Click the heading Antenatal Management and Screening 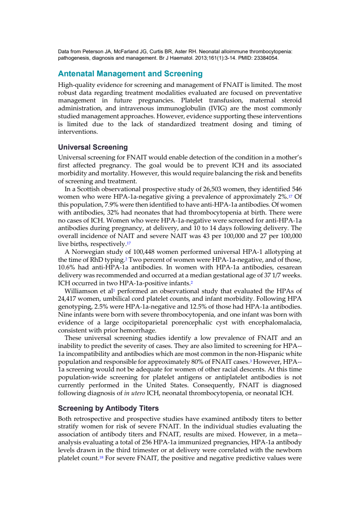coord(130,74)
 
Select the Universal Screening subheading coord(93,147)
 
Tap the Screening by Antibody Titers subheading coord(108,408)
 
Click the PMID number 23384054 coord(266,58)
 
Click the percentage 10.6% coord(65,267)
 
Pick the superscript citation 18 coord(101,457)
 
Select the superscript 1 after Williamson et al coord(114,290)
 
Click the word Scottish coord(88,189)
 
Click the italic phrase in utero coord(134,393)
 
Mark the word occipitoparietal coord(145,323)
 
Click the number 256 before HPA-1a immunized coord(147,442)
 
